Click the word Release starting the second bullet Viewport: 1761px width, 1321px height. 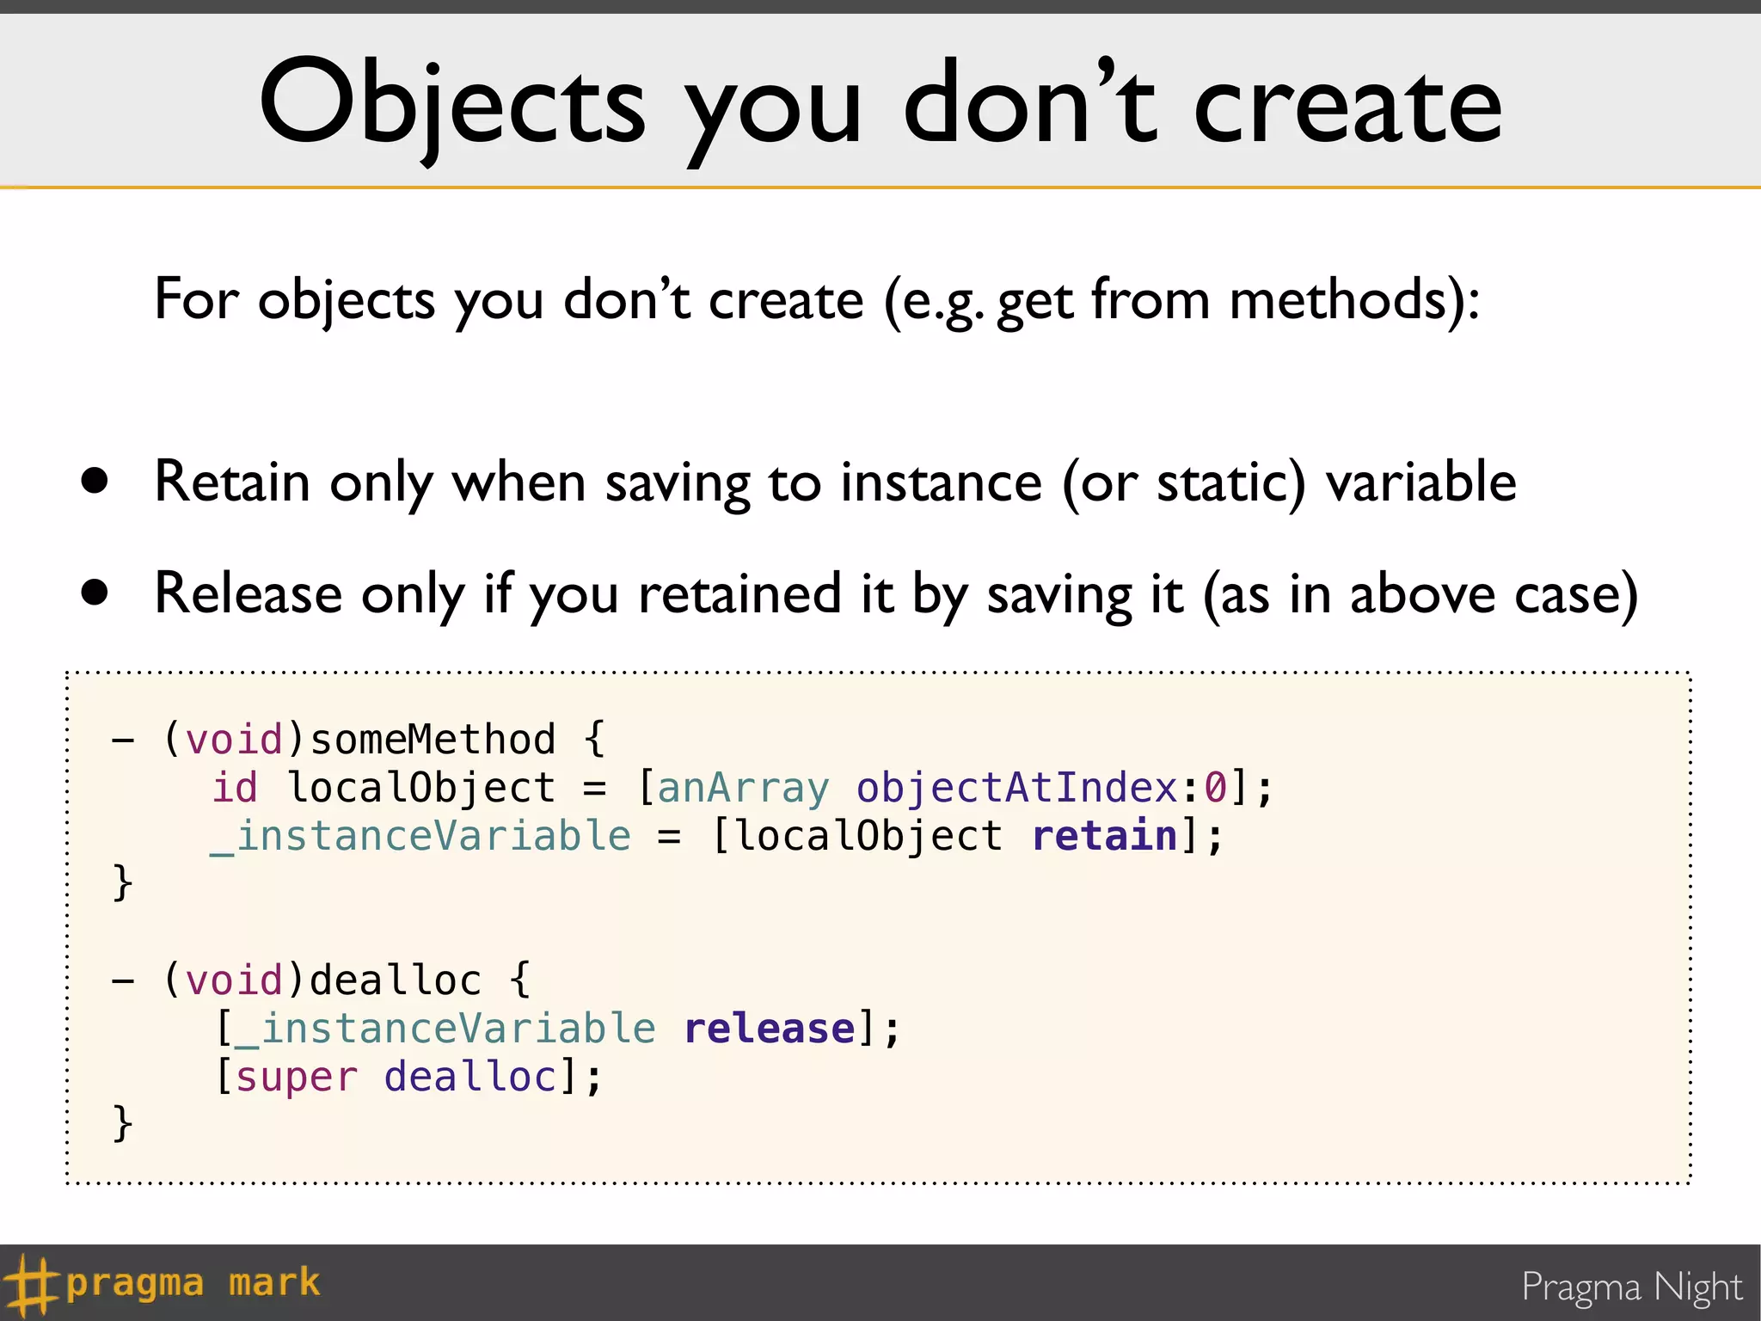(x=249, y=593)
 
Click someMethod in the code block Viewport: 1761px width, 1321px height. (x=433, y=740)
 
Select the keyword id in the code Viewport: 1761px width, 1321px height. (x=235, y=788)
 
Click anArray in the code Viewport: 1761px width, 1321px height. (x=744, y=788)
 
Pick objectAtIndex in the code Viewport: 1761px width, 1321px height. (x=1016, y=788)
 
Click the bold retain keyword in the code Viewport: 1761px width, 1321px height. (x=1104, y=836)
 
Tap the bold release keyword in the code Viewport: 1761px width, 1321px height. (x=770, y=1029)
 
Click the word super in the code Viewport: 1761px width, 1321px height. (x=297, y=1077)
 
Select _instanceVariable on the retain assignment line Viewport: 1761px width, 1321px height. (x=421, y=836)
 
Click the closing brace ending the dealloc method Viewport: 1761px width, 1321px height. (x=123, y=1123)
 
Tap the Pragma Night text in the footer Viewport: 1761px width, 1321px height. (x=1631, y=1287)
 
